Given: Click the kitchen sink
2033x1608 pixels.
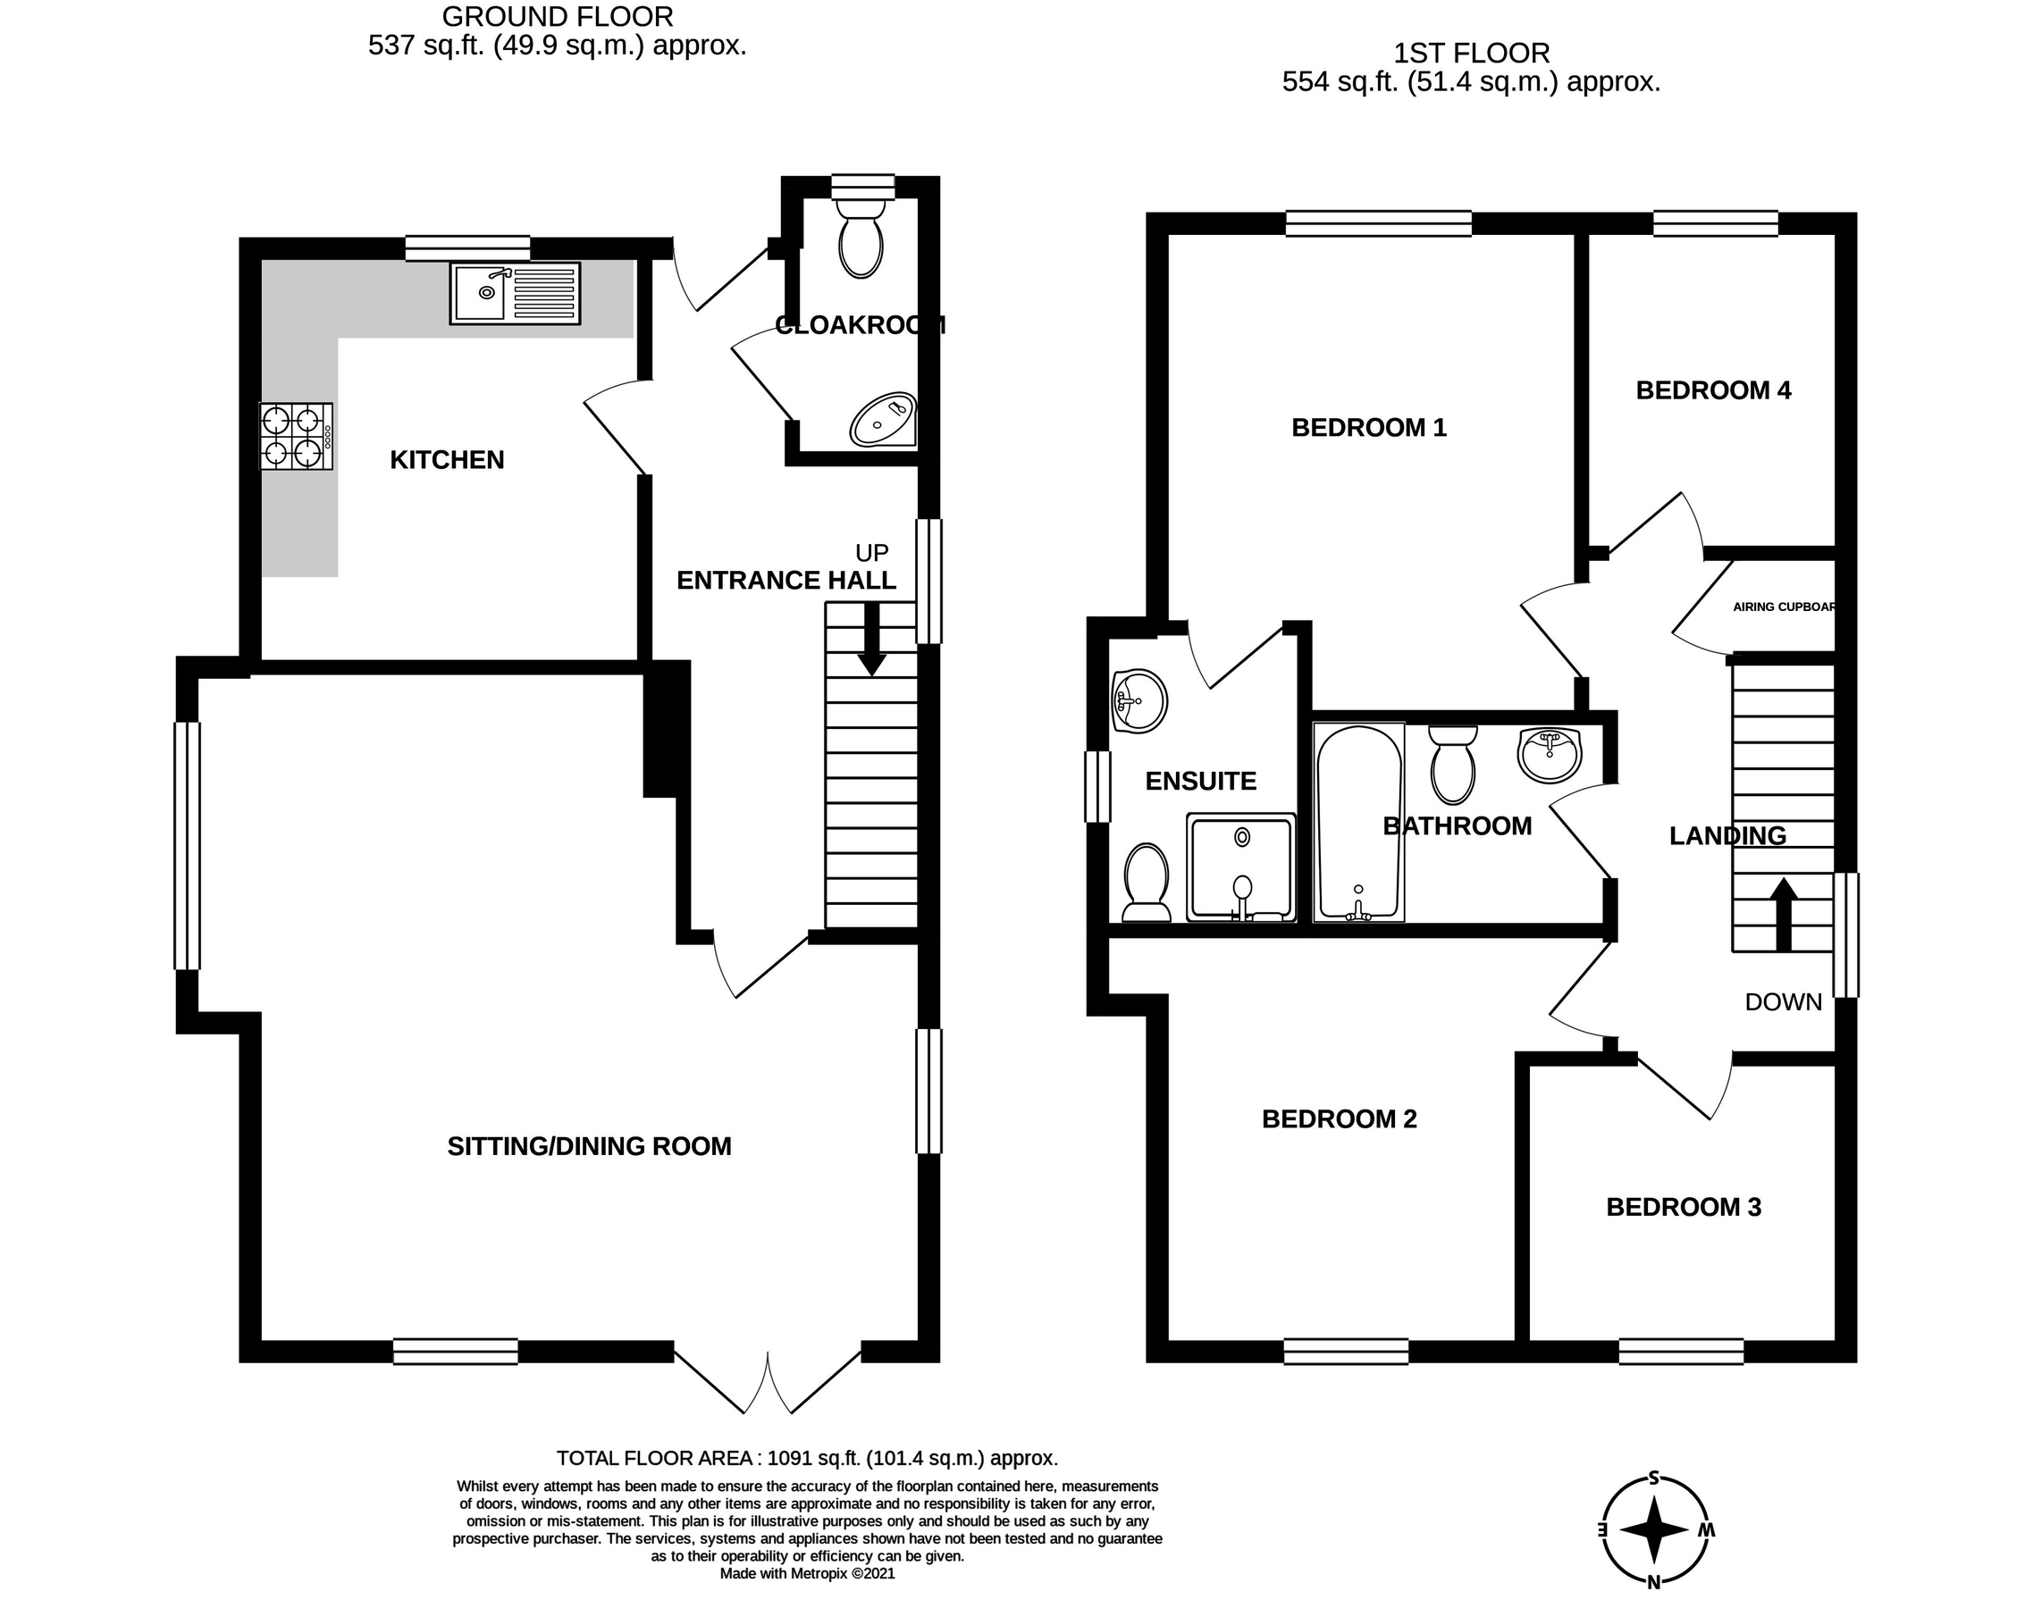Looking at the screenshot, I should [514, 294].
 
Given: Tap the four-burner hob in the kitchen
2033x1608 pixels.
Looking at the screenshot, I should [296, 436].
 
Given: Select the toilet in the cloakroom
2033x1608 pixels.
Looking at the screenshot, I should [861, 235].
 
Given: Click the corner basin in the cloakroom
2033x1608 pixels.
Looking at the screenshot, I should [883, 419].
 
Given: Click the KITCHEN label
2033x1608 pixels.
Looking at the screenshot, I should [448, 459].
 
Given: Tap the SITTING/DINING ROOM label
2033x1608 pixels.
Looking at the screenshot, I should [589, 1147].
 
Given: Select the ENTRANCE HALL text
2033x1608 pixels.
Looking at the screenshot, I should [786, 581].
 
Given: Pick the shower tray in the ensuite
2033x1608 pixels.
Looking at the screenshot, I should [1240, 867].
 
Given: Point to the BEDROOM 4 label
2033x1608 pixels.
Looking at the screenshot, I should [1713, 390].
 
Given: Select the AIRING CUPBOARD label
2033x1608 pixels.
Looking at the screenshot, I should [1783, 607].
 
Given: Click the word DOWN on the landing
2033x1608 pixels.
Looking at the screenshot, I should [1784, 1002].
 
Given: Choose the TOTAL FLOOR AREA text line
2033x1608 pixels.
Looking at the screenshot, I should [807, 1458].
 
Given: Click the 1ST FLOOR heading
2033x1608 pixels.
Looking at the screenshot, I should [1472, 53].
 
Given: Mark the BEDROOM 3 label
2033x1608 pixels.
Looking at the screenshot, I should [1683, 1207].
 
